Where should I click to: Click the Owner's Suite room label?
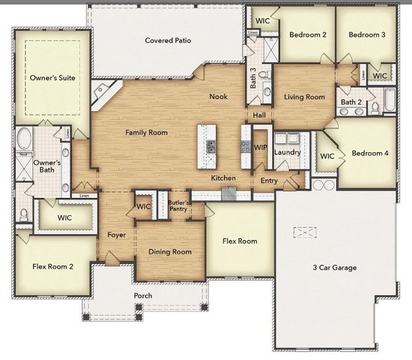point(52,77)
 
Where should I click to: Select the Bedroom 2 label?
point(308,34)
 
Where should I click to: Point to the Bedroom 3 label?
point(367,34)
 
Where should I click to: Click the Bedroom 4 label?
point(369,153)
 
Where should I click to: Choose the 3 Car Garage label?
point(334,268)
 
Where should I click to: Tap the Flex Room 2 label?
point(53,266)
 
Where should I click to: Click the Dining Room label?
point(170,252)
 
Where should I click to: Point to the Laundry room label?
point(288,152)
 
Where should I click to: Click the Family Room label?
point(146,133)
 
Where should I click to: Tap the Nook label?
point(218,96)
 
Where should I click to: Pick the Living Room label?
point(304,97)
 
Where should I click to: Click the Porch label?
point(142,295)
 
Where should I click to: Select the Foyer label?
point(116,235)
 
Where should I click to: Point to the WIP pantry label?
point(261,148)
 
